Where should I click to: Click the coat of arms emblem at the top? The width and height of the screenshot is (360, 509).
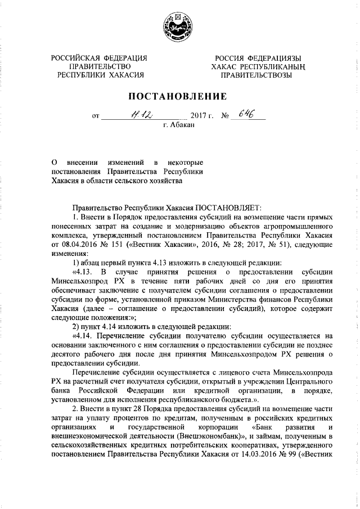point(179,27)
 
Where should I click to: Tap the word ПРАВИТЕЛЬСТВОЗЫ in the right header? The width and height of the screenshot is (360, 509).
point(256,74)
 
